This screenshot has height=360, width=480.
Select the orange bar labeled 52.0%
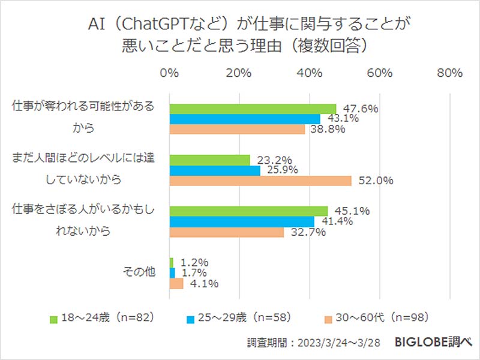tap(260, 181)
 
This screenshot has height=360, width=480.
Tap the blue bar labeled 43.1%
tap(245, 119)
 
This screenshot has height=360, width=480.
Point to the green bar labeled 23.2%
tap(210, 160)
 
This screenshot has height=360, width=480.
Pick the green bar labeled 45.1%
tap(248, 211)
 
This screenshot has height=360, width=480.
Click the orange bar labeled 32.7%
tap(227, 232)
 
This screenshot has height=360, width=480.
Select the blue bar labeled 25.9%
tap(215, 170)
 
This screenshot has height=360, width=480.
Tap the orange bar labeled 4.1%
tap(176, 284)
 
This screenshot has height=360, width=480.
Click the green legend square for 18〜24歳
tap(53, 317)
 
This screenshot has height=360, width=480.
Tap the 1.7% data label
tap(193, 273)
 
